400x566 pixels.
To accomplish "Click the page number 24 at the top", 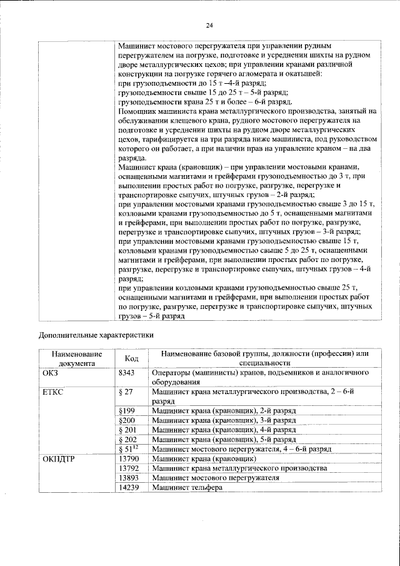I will [209, 25].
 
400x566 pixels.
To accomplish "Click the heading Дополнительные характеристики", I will [96, 334].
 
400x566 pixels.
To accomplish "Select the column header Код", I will [131, 358].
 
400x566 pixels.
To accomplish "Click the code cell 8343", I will [127, 373].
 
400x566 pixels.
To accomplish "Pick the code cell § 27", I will [127, 392].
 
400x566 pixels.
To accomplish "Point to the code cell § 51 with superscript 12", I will [128, 448].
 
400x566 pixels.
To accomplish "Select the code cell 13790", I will [129, 458].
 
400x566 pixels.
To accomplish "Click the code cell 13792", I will [129, 468].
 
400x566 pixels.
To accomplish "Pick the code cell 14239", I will [129, 487].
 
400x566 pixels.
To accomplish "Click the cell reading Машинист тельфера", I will [187, 487].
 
